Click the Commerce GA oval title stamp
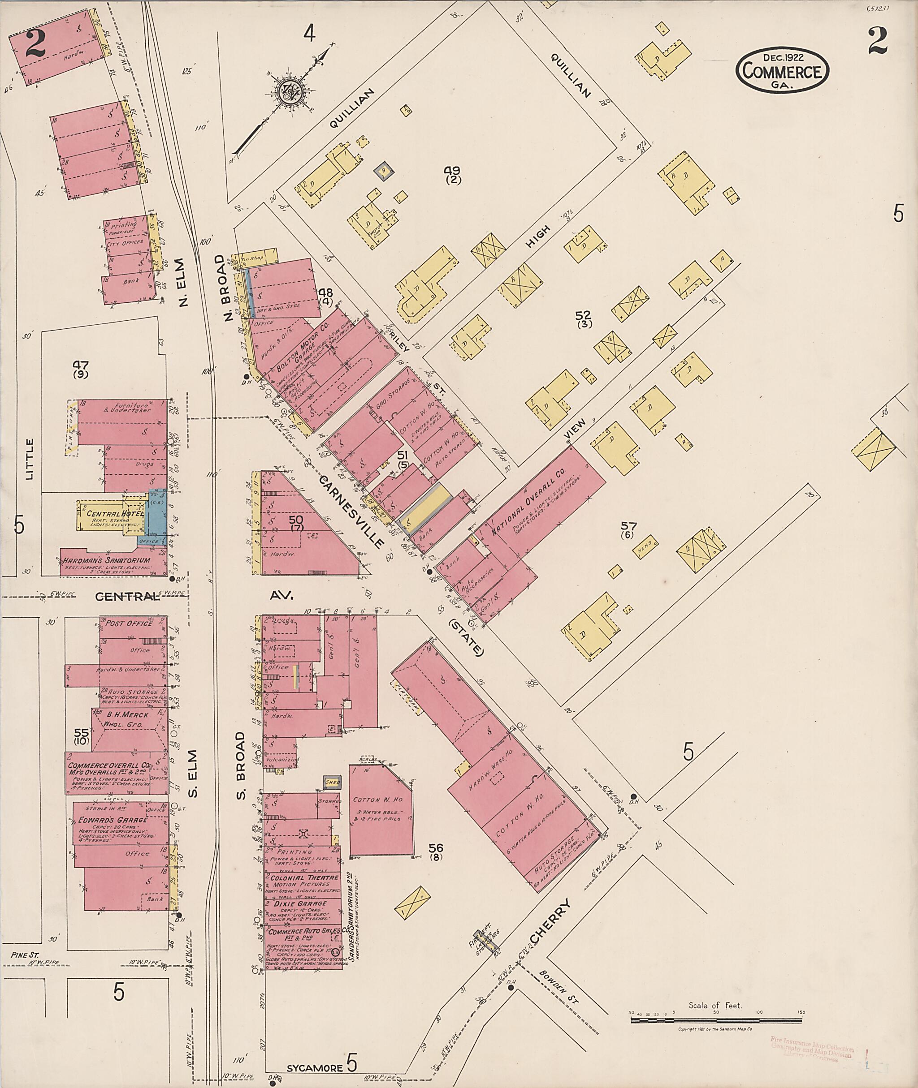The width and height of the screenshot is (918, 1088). pos(782,71)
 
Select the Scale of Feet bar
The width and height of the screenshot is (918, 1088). pos(717,1020)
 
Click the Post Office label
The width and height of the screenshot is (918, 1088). pos(130,623)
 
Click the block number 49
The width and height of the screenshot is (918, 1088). pos(452,171)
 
